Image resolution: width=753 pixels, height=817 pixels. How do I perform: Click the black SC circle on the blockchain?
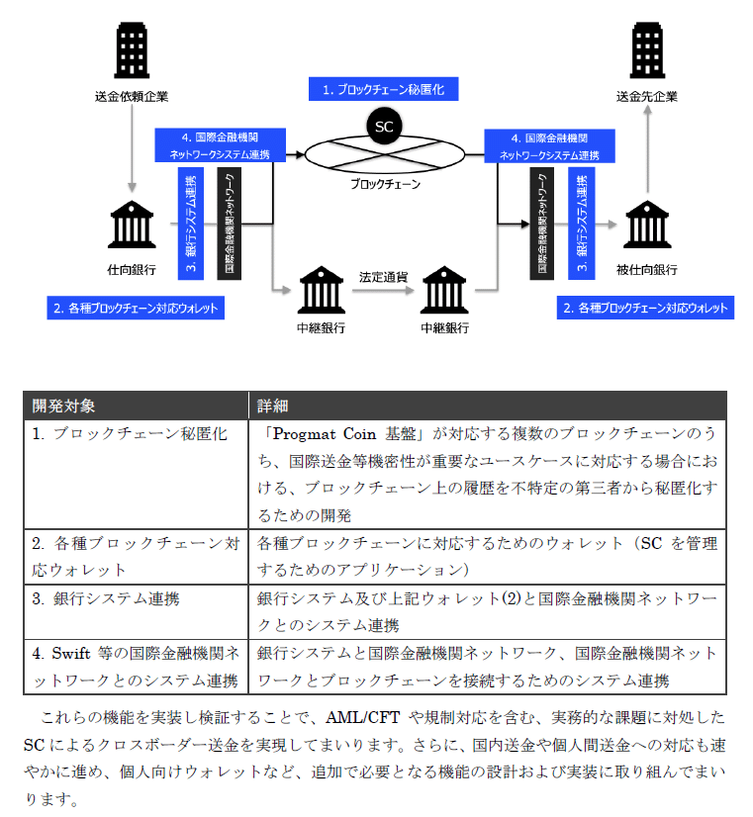[x=383, y=126]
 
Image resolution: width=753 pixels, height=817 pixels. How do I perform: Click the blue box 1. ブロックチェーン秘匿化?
[x=384, y=89]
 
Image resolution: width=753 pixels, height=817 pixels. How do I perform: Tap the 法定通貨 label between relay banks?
[x=383, y=277]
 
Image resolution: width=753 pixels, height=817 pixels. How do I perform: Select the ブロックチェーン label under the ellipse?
[x=385, y=184]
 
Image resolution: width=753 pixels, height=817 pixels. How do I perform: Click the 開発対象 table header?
[x=64, y=406]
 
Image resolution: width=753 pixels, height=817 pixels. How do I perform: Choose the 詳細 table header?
[x=272, y=406]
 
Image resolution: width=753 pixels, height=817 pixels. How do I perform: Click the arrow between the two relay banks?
[x=383, y=291]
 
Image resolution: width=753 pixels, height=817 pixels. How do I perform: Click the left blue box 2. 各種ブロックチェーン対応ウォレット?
[x=134, y=309]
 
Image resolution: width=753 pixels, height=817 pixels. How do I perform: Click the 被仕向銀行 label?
[x=647, y=269]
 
